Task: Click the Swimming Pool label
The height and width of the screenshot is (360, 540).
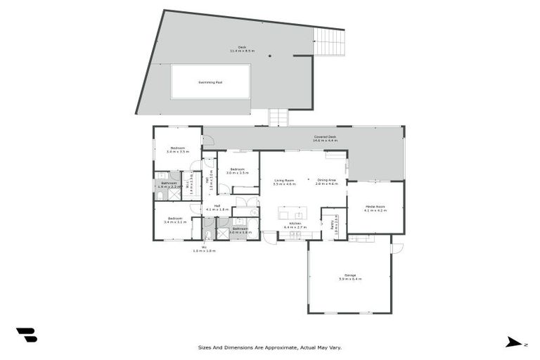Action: point(210,82)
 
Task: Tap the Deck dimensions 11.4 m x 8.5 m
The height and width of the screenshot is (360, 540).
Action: point(242,51)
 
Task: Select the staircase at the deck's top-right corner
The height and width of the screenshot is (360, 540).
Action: point(328,43)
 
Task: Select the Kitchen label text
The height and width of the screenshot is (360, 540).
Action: point(295,224)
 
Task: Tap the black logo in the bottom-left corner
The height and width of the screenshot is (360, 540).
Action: point(26,335)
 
